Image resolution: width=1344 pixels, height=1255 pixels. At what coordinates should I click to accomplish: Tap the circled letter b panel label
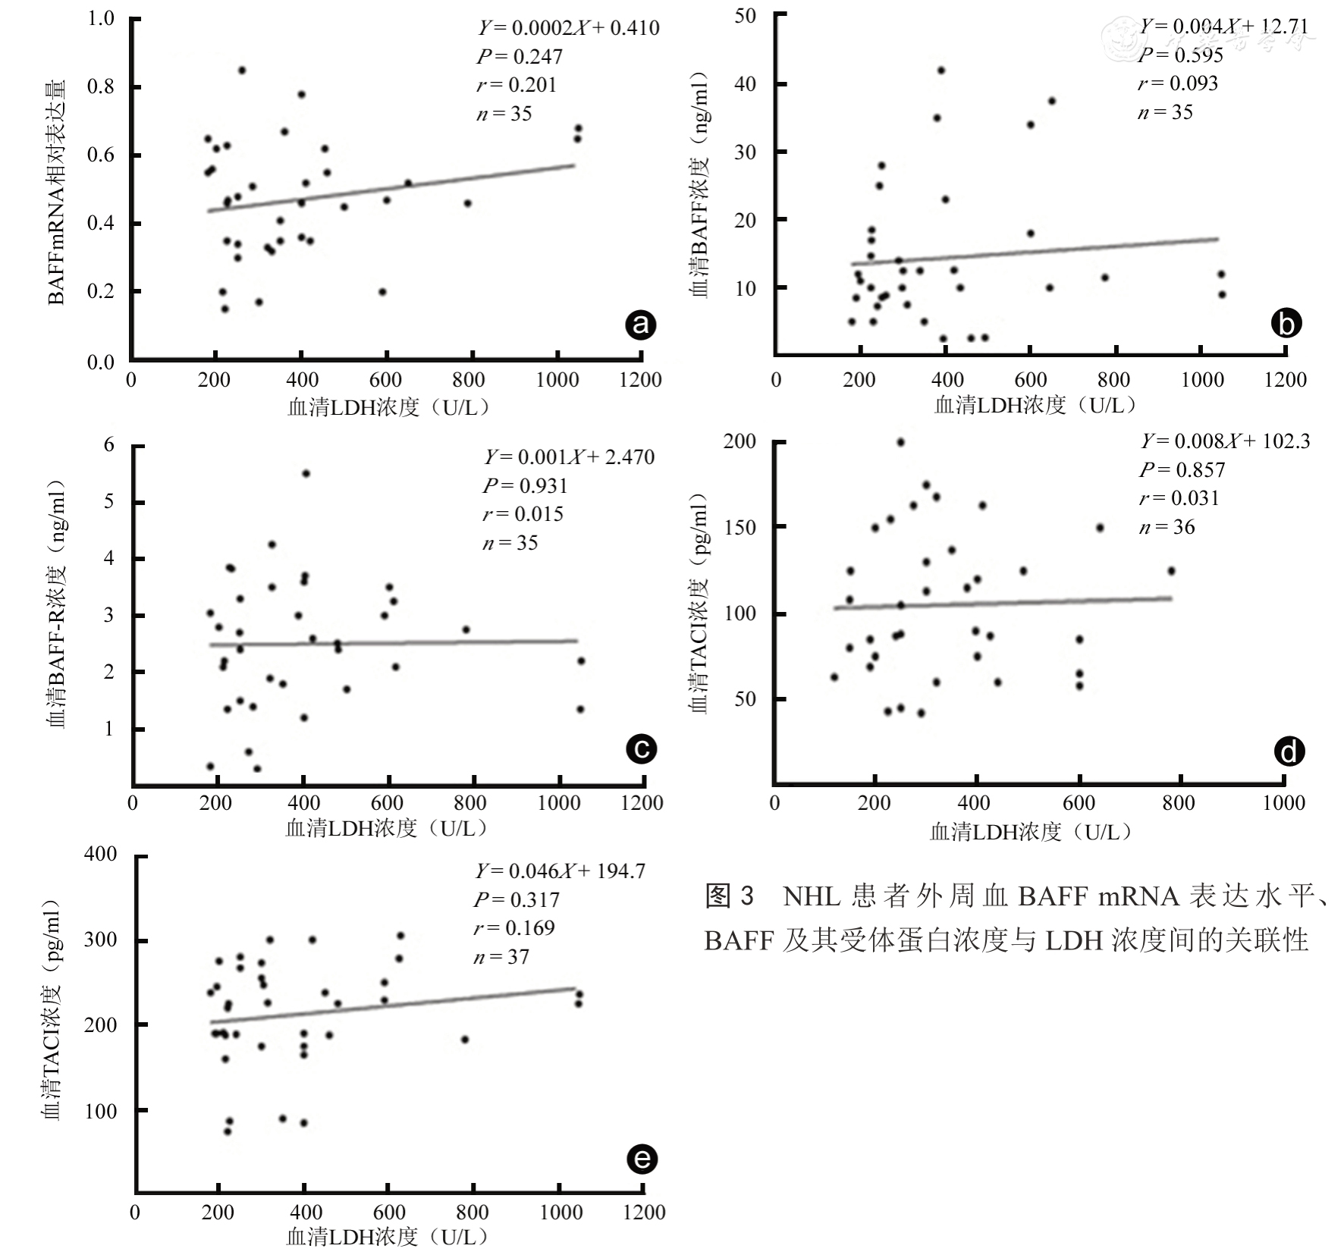(1286, 323)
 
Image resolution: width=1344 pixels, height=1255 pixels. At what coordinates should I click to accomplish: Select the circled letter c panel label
(641, 748)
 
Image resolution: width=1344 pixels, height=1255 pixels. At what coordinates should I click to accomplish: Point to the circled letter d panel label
(1289, 751)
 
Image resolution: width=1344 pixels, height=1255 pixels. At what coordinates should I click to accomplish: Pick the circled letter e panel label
(642, 1159)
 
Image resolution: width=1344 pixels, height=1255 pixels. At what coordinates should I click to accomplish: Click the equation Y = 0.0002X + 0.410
(568, 28)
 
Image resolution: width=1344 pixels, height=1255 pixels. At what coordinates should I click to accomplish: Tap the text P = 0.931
(524, 485)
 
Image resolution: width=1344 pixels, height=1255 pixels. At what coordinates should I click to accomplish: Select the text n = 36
(1167, 527)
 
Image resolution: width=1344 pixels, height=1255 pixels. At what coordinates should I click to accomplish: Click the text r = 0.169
(515, 927)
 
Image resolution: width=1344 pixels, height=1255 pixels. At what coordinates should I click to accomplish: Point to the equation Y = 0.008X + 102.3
(1225, 441)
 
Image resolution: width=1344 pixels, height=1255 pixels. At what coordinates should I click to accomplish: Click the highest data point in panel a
(242, 70)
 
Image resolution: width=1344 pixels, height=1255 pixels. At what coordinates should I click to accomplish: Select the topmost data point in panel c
(306, 473)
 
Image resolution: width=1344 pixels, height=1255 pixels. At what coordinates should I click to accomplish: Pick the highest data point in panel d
(901, 442)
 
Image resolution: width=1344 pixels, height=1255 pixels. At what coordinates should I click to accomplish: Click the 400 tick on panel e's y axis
(100, 855)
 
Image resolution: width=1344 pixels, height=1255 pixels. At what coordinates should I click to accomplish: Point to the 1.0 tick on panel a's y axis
(101, 18)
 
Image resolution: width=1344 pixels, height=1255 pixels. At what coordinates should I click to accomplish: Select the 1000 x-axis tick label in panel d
(1283, 803)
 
